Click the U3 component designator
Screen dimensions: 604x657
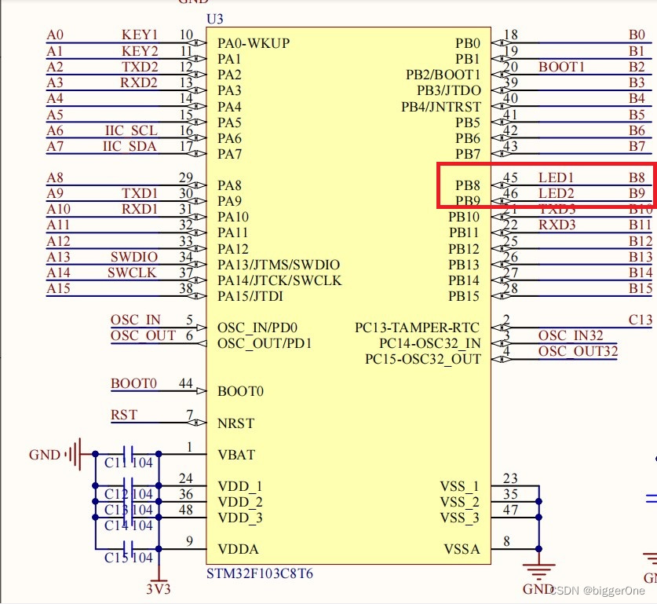click(x=214, y=18)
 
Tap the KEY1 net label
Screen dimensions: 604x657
click(x=140, y=35)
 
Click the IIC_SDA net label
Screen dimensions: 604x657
click(x=130, y=146)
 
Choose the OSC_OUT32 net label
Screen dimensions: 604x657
click(x=578, y=351)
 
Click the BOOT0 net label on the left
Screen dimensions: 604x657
click(x=133, y=383)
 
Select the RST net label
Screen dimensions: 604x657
click(x=124, y=415)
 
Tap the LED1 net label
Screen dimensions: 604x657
click(x=557, y=178)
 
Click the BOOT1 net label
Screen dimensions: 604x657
click(x=561, y=67)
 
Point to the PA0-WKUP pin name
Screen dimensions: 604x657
click(x=254, y=42)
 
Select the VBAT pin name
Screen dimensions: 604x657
click(x=236, y=454)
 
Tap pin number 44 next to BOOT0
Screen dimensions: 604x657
click(x=186, y=383)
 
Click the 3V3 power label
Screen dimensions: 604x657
click(x=159, y=588)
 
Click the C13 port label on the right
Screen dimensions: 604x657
click(x=641, y=320)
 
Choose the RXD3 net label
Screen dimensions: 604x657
click(x=557, y=225)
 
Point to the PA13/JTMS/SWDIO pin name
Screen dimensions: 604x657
click(x=279, y=265)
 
